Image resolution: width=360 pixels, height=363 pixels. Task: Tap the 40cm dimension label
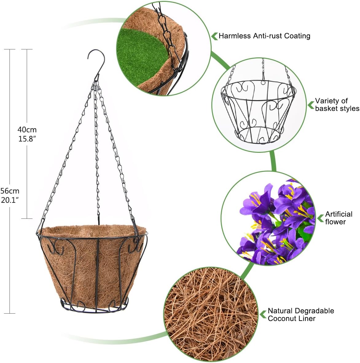click(27, 129)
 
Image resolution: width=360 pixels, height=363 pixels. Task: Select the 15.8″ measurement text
click(27, 139)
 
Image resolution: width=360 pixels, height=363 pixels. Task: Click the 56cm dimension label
click(10, 191)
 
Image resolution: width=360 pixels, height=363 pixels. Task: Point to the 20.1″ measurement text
click(10, 200)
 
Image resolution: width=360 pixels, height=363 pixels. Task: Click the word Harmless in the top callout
click(235, 36)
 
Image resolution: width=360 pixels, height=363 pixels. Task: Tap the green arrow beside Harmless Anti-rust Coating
click(214, 36)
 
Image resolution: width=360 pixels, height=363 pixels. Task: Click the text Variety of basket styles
click(337, 105)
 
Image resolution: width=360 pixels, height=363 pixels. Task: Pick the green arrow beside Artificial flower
click(321, 218)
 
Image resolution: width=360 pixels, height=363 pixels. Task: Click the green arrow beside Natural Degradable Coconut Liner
click(263, 315)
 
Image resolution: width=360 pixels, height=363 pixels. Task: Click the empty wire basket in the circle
click(258, 111)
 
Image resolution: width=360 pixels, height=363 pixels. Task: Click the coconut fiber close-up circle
click(211, 315)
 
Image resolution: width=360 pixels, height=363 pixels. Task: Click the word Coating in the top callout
click(297, 36)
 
